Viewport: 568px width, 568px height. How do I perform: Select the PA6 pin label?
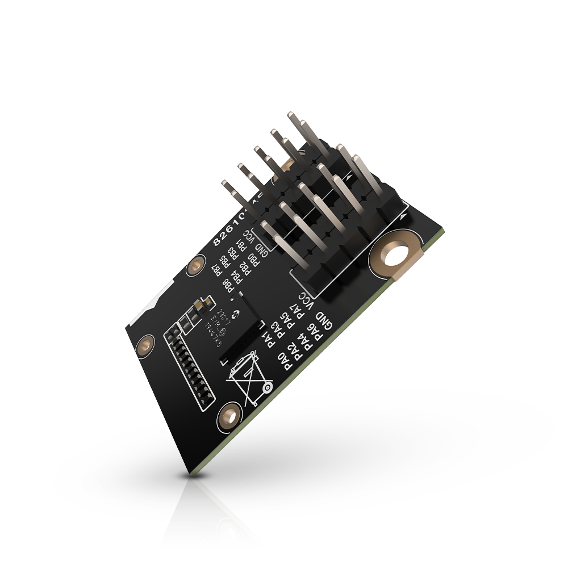(315, 332)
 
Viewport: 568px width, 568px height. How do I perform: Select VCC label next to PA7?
(307, 299)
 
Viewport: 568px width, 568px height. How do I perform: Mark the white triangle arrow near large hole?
(403, 216)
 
